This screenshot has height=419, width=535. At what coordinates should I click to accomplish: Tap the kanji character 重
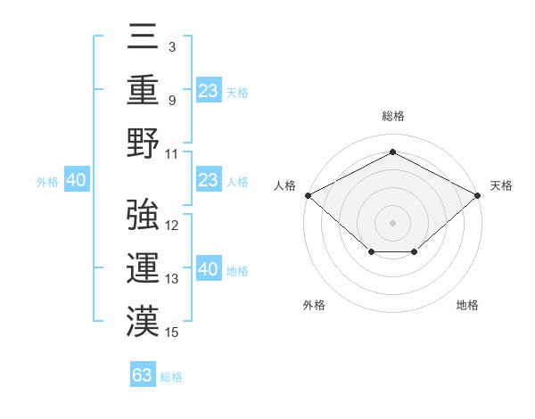tap(143, 91)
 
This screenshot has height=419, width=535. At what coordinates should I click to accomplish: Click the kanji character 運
tap(143, 267)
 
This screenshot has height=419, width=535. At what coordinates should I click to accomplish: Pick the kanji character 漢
tap(143, 320)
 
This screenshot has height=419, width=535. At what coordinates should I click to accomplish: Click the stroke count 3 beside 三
tap(171, 45)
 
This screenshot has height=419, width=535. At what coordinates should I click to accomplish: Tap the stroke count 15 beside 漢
tap(172, 333)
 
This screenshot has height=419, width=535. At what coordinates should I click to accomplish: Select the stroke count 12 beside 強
tap(172, 226)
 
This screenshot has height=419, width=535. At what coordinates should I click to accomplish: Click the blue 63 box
tap(143, 375)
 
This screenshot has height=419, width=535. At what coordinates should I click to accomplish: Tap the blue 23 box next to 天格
tap(209, 91)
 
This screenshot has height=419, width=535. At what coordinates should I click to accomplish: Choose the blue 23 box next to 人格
tap(209, 181)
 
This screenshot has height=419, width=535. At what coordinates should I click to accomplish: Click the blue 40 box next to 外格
tap(76, 181)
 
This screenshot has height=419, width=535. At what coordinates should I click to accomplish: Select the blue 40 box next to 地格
tap(209, 270)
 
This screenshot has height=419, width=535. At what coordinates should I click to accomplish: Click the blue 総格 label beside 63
tap(171, 377)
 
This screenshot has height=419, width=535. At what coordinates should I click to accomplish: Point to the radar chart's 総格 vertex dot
tap(392, 152)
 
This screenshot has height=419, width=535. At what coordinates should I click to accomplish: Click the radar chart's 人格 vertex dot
tap(308, 195)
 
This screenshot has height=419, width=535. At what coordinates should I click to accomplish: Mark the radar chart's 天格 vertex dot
tap(478, 195)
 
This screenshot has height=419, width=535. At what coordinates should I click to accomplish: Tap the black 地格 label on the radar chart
tap(467, 306)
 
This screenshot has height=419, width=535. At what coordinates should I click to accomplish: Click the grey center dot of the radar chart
tap(392, 222)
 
